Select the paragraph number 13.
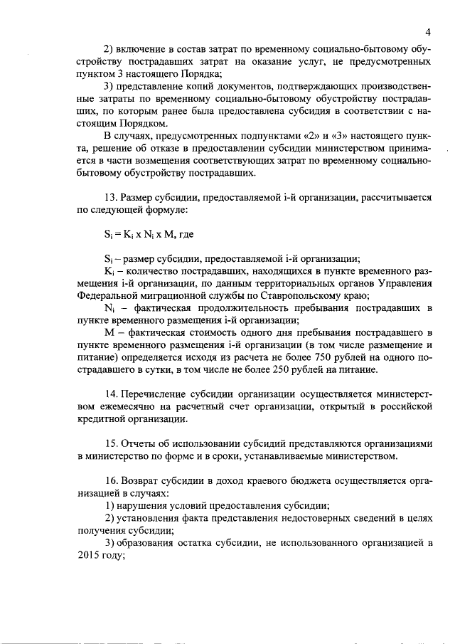[x=110, y=197]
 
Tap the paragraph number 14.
[x=110, y=394]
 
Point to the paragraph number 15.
[x=110, y=443]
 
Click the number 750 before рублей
[x=314, y=357]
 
